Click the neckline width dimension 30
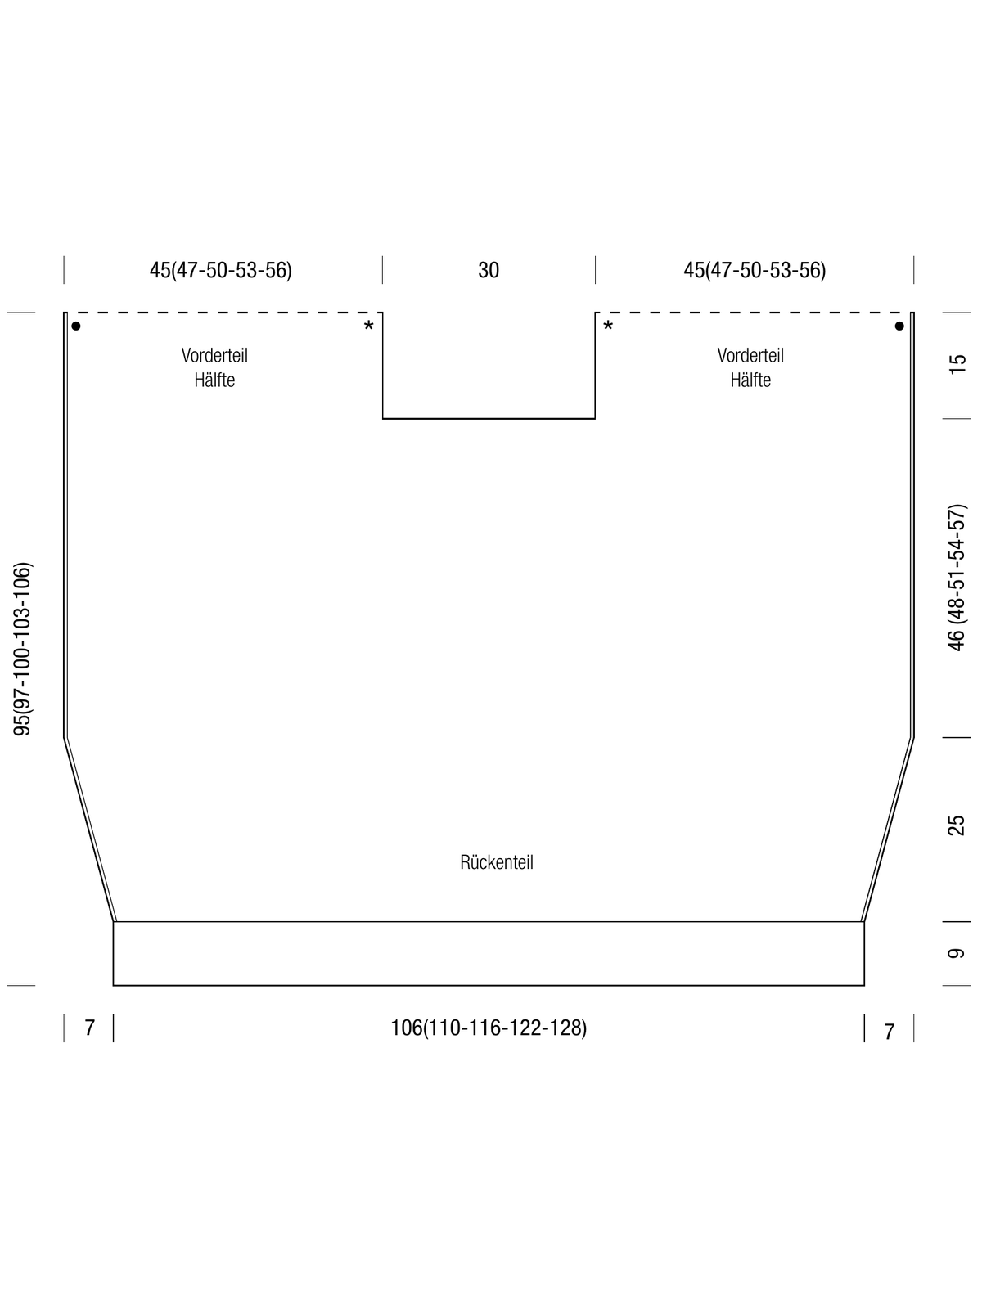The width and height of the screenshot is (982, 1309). click(x=489, y=270)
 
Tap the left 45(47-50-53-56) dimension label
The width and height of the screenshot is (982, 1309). click(x=221, y=270)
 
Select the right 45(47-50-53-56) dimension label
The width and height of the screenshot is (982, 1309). click(x=755, y=270)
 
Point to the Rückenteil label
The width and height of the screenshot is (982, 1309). click(x=497, y=862)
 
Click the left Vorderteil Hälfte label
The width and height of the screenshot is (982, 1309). click(x=214, y=367)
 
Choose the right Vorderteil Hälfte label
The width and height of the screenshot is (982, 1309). click(x=750, y=367)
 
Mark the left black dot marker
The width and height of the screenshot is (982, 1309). click(x=76, y=326)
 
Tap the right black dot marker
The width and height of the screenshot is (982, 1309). click(x=899, y=326)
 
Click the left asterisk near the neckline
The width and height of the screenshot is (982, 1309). click(x=368, y=326)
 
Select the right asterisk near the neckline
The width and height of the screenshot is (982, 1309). click(x=608, y=326)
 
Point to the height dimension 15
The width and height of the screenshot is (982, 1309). click(x=957, y=364)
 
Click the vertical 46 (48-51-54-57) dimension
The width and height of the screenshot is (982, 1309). click(x=957, y=578)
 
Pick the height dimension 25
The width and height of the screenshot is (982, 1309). click(x=957, y=825)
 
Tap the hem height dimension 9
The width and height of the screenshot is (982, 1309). click(x=957, y=954)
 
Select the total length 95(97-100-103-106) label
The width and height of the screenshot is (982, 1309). click(x=22, y=649)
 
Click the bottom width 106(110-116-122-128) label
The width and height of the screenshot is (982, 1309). click(x=489, y=1028)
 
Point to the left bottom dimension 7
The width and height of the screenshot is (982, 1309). click(x=89, y=1028)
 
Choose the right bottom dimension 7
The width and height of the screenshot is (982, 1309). click(x=889, y=1031)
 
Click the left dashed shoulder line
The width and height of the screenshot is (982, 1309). click(x=223, y=313)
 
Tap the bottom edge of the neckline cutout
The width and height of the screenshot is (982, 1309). click(x=489, y=419)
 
